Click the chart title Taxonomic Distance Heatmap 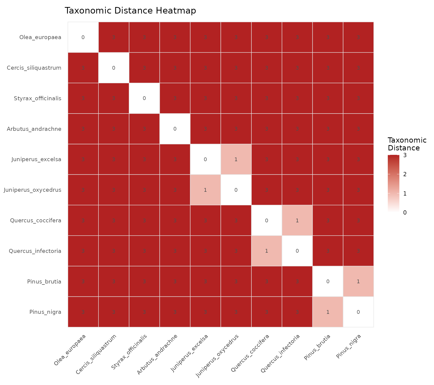click(130, 11)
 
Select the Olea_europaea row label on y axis click(40, 37)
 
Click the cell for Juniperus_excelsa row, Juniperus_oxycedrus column click(236, 159)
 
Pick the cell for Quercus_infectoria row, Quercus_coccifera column click(266, 251)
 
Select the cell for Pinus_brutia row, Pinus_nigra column click(358, 281)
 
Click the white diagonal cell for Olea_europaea click(83, 37)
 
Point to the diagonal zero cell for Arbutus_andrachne click(175, 129)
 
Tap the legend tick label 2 click(405, 174)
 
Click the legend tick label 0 click(405, 213)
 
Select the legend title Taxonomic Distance click(407, 144)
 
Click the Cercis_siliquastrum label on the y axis click(34, 68)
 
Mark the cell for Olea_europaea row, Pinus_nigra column click(358, 37)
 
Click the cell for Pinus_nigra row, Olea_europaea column click(83, 312)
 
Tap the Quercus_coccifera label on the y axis click(36, 221)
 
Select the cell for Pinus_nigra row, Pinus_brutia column click(328, 312)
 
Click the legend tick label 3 click(405, 155)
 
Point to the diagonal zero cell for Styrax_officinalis click(144, 98)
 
